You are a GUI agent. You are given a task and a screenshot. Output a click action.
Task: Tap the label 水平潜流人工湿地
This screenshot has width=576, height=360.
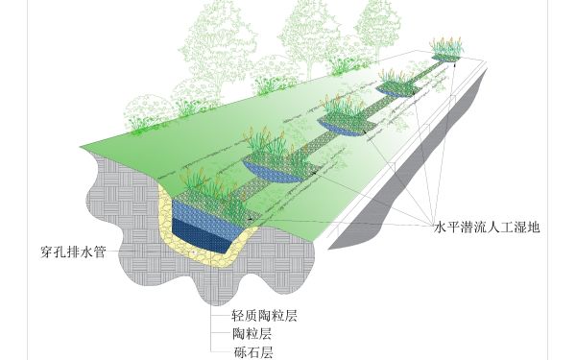point(488,229)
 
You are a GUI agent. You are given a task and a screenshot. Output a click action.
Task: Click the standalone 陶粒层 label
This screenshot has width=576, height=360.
point(252,334)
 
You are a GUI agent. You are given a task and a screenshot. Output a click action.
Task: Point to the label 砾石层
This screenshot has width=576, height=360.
point(252,352)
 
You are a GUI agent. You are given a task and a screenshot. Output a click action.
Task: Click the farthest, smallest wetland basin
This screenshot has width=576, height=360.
point(444,57)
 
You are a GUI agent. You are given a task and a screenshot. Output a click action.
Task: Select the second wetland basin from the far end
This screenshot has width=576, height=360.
point(395,87)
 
